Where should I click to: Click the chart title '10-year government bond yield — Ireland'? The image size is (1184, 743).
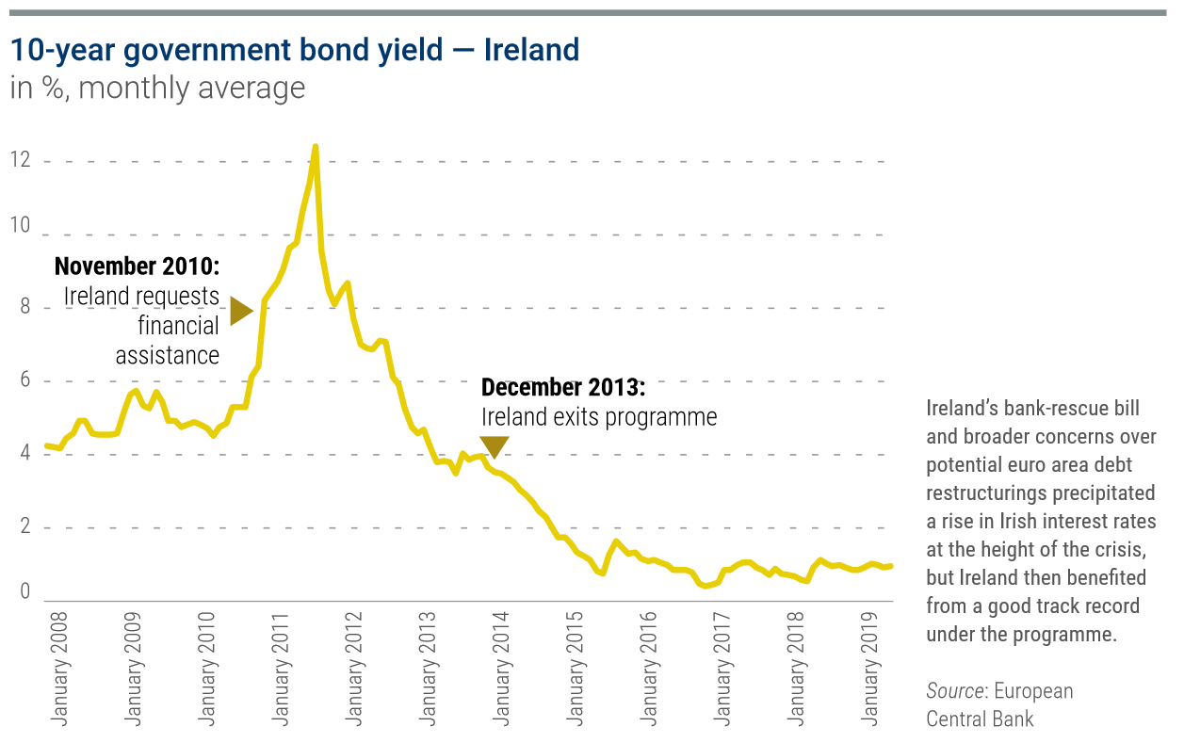pos(294,50)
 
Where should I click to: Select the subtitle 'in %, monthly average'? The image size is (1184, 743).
pos(157,89)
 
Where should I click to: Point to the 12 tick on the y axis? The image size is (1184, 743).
pos(21,161)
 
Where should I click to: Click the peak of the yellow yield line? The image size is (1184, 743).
pos(316,147)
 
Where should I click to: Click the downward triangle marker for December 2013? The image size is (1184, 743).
pos(494,446)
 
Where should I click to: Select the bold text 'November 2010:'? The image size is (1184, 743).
pos(137,266)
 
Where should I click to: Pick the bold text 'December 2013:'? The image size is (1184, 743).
pos(563,387)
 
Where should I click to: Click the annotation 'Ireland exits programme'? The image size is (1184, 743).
pos(599,417)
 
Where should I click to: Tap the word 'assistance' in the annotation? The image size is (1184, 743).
pos(167,355)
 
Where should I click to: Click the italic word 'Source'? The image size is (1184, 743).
pos(954,691)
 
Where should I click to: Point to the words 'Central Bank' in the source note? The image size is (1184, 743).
pos(980,719)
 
